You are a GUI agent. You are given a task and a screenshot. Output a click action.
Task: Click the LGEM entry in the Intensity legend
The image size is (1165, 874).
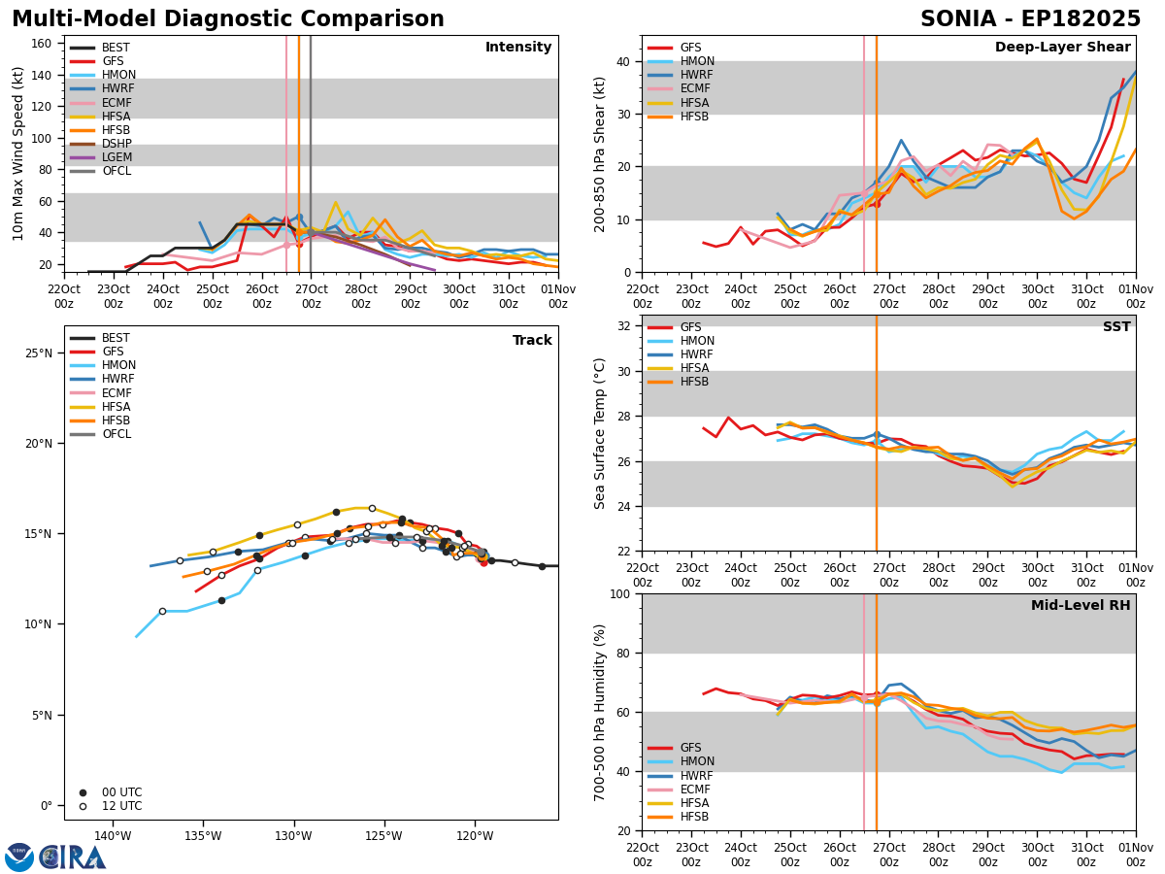(x=101, y=157)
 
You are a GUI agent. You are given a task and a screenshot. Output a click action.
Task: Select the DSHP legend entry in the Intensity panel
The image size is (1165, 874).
(x=101, y=144)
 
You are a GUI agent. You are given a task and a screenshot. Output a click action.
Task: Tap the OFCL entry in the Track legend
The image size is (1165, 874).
(x=100, y=434)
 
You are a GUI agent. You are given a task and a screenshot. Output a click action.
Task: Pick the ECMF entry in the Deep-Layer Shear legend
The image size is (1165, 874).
(x=679, y=88)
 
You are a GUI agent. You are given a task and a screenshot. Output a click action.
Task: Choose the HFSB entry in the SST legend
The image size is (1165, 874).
(x=679, y=382)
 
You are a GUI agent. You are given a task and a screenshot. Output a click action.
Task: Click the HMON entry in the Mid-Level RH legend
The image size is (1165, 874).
(x=681, y=761)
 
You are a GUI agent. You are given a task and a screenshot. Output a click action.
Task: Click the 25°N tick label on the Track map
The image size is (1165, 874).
(x=38, y=353)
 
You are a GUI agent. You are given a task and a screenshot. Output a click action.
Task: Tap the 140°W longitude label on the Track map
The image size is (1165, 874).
(x=113, y=837)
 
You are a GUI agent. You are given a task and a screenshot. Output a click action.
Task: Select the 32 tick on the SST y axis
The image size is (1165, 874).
(x=623, y=326)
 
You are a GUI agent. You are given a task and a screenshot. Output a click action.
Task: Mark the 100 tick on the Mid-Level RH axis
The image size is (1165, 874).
(x=619, y=594)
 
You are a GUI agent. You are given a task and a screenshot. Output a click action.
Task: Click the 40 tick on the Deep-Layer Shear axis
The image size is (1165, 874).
(x=623, y=62)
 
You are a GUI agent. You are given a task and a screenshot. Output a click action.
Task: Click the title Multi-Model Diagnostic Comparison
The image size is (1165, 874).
(x=228, y=19)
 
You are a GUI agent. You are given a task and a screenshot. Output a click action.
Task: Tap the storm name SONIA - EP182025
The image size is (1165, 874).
(x=1031, y=19)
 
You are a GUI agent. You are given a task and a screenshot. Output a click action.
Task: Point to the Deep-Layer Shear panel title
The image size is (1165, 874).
(x=1062, y=48)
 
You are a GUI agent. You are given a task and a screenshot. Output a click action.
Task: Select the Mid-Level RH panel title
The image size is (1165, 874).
(x=1081, y=605)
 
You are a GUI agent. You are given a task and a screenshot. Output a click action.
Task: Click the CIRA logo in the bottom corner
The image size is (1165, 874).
(x=55, y=857)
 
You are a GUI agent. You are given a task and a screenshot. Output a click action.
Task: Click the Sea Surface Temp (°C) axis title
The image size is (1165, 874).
(x=599, y=434)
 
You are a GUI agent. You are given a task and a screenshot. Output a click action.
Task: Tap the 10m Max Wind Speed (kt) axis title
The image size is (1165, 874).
(x=17, y=153)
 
